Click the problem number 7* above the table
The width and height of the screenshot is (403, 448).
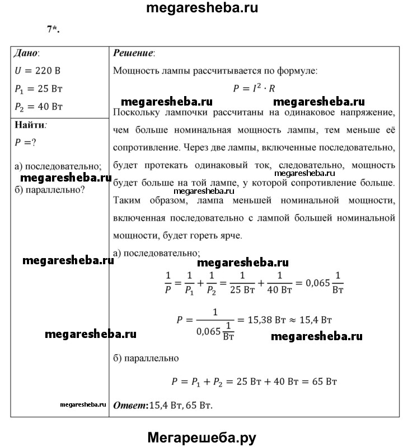click(53, 30)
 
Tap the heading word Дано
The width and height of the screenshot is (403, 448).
click(27, 54)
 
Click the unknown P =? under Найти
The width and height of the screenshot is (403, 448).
click(26, 142)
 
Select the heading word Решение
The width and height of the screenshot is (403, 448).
click(134, 54)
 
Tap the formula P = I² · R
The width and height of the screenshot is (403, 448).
click(254, 88)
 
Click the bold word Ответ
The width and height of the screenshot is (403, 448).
click(129, 404)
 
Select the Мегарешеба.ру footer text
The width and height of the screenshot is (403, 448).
click(202, 437)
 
